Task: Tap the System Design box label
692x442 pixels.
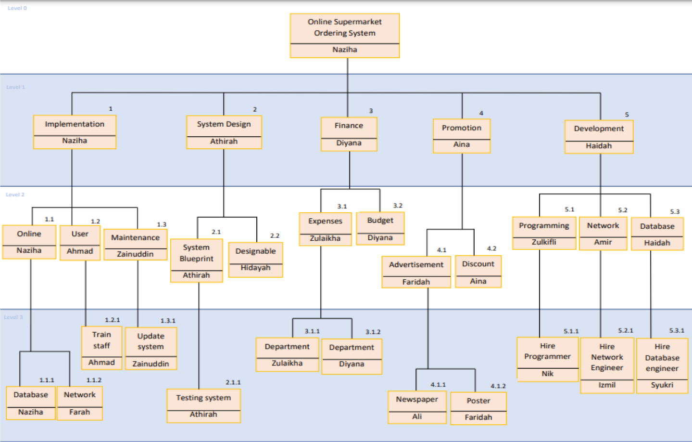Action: pos(224,124)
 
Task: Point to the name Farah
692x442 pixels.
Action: pos(79,412)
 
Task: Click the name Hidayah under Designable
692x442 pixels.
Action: pos(255,268)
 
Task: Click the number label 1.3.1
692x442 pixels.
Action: pos(168,321)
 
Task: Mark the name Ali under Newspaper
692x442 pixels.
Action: pos(417,416)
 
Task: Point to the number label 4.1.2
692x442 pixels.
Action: pos(498,386)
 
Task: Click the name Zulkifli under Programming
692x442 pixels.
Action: pos(544,242)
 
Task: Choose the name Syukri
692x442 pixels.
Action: pos(662,385)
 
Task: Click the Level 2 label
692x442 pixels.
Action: pos(15,195)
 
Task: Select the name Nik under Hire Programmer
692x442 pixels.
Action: pos(547,374)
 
